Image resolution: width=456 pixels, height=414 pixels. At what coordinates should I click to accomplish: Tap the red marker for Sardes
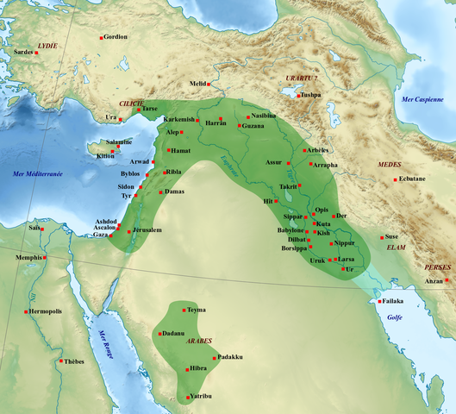[35, 53]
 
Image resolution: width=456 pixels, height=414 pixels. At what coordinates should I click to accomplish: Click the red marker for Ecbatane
[396, 179]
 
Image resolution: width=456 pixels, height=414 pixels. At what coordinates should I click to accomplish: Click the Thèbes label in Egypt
[75, 362]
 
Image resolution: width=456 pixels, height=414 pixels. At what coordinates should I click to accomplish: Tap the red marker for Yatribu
[186, 396]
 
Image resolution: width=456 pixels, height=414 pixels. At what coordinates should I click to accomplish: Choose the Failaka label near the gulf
[393, 301]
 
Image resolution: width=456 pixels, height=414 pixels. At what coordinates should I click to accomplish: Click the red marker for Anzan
[447, 279]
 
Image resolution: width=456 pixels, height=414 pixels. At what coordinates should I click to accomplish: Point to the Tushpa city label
[311, 95]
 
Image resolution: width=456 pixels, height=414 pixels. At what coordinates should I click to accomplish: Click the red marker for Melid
[212, 84]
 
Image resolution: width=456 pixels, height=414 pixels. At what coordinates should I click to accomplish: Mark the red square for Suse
[382, 236]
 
